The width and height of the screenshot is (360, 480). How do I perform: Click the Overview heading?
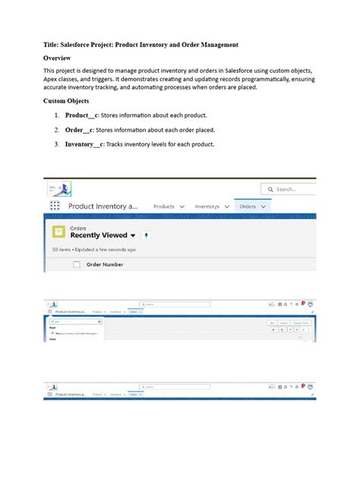pyautogui.click(x=63, y=58)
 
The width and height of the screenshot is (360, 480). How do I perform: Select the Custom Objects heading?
pyautogui.click(x=67, y=100)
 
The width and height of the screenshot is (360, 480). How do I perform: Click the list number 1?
pyautogui.click(x=56, y=115)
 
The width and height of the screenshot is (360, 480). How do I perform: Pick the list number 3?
pyautogui.click(x=56, y=144)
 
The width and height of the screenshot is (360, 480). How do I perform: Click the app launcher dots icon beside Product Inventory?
pyautogui.click(x=55, y=207)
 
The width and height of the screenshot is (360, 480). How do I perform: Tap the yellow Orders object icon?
pyautogui.click(x=58, y=232)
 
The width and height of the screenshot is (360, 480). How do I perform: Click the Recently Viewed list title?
pyautogui.click(x=99, y=235)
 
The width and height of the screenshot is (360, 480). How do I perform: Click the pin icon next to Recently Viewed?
pyautogui.click(x=146, y=235)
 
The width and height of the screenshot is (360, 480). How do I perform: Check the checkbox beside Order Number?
pyautogui.click(x=76, y=264)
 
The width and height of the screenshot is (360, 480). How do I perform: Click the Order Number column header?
pyautogui.click(x=105, y=264)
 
